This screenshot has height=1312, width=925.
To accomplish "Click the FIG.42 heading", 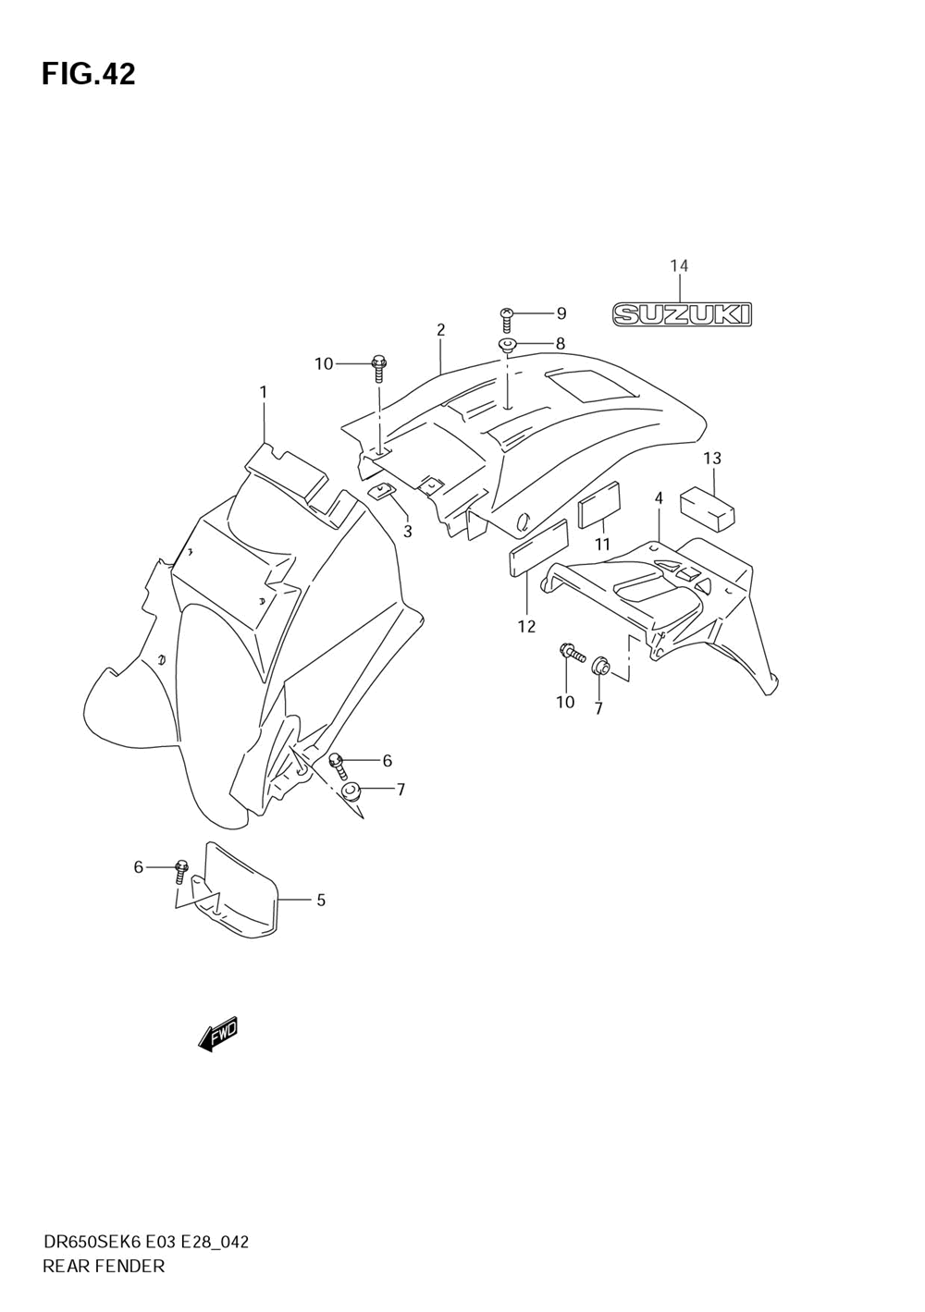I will point(88,74).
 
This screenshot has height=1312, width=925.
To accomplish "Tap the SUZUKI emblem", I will point(683,314).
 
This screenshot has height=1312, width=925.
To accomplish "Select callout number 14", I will point(679,266).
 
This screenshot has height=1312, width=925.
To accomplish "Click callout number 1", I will point(264,392).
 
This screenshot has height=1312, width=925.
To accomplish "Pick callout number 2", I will point(441,329).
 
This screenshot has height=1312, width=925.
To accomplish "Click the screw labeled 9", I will point(507,320).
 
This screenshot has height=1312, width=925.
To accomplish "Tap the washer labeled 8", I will point(508,346).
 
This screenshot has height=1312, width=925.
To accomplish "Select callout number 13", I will point(711,459).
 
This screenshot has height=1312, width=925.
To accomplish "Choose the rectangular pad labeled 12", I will point(537,548).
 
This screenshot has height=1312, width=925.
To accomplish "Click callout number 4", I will point(659,498).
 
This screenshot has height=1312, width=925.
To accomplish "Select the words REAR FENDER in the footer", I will point(104,1266).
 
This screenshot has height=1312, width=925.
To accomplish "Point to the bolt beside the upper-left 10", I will point(378,367).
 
